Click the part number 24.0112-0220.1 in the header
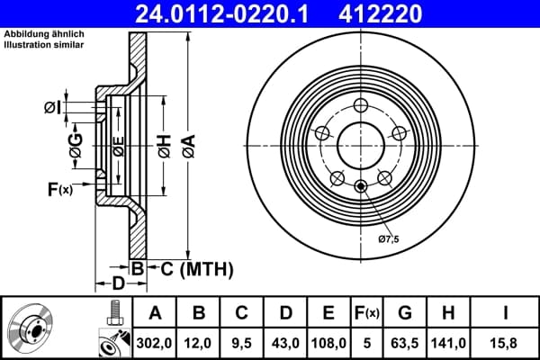click(x=221, y=13)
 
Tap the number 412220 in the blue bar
click(x=380, y=13)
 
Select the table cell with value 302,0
click(x=154, y=343)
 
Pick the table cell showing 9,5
click(x=241, y=343)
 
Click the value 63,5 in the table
click(x=405, y=343)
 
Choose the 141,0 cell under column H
click(x=448, y=343)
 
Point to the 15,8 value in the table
click(x=505, y=343)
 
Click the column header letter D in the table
click(x=285, y=313)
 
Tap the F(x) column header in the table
click(x=367, y=313)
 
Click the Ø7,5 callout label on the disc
click(x=389, y=238)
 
